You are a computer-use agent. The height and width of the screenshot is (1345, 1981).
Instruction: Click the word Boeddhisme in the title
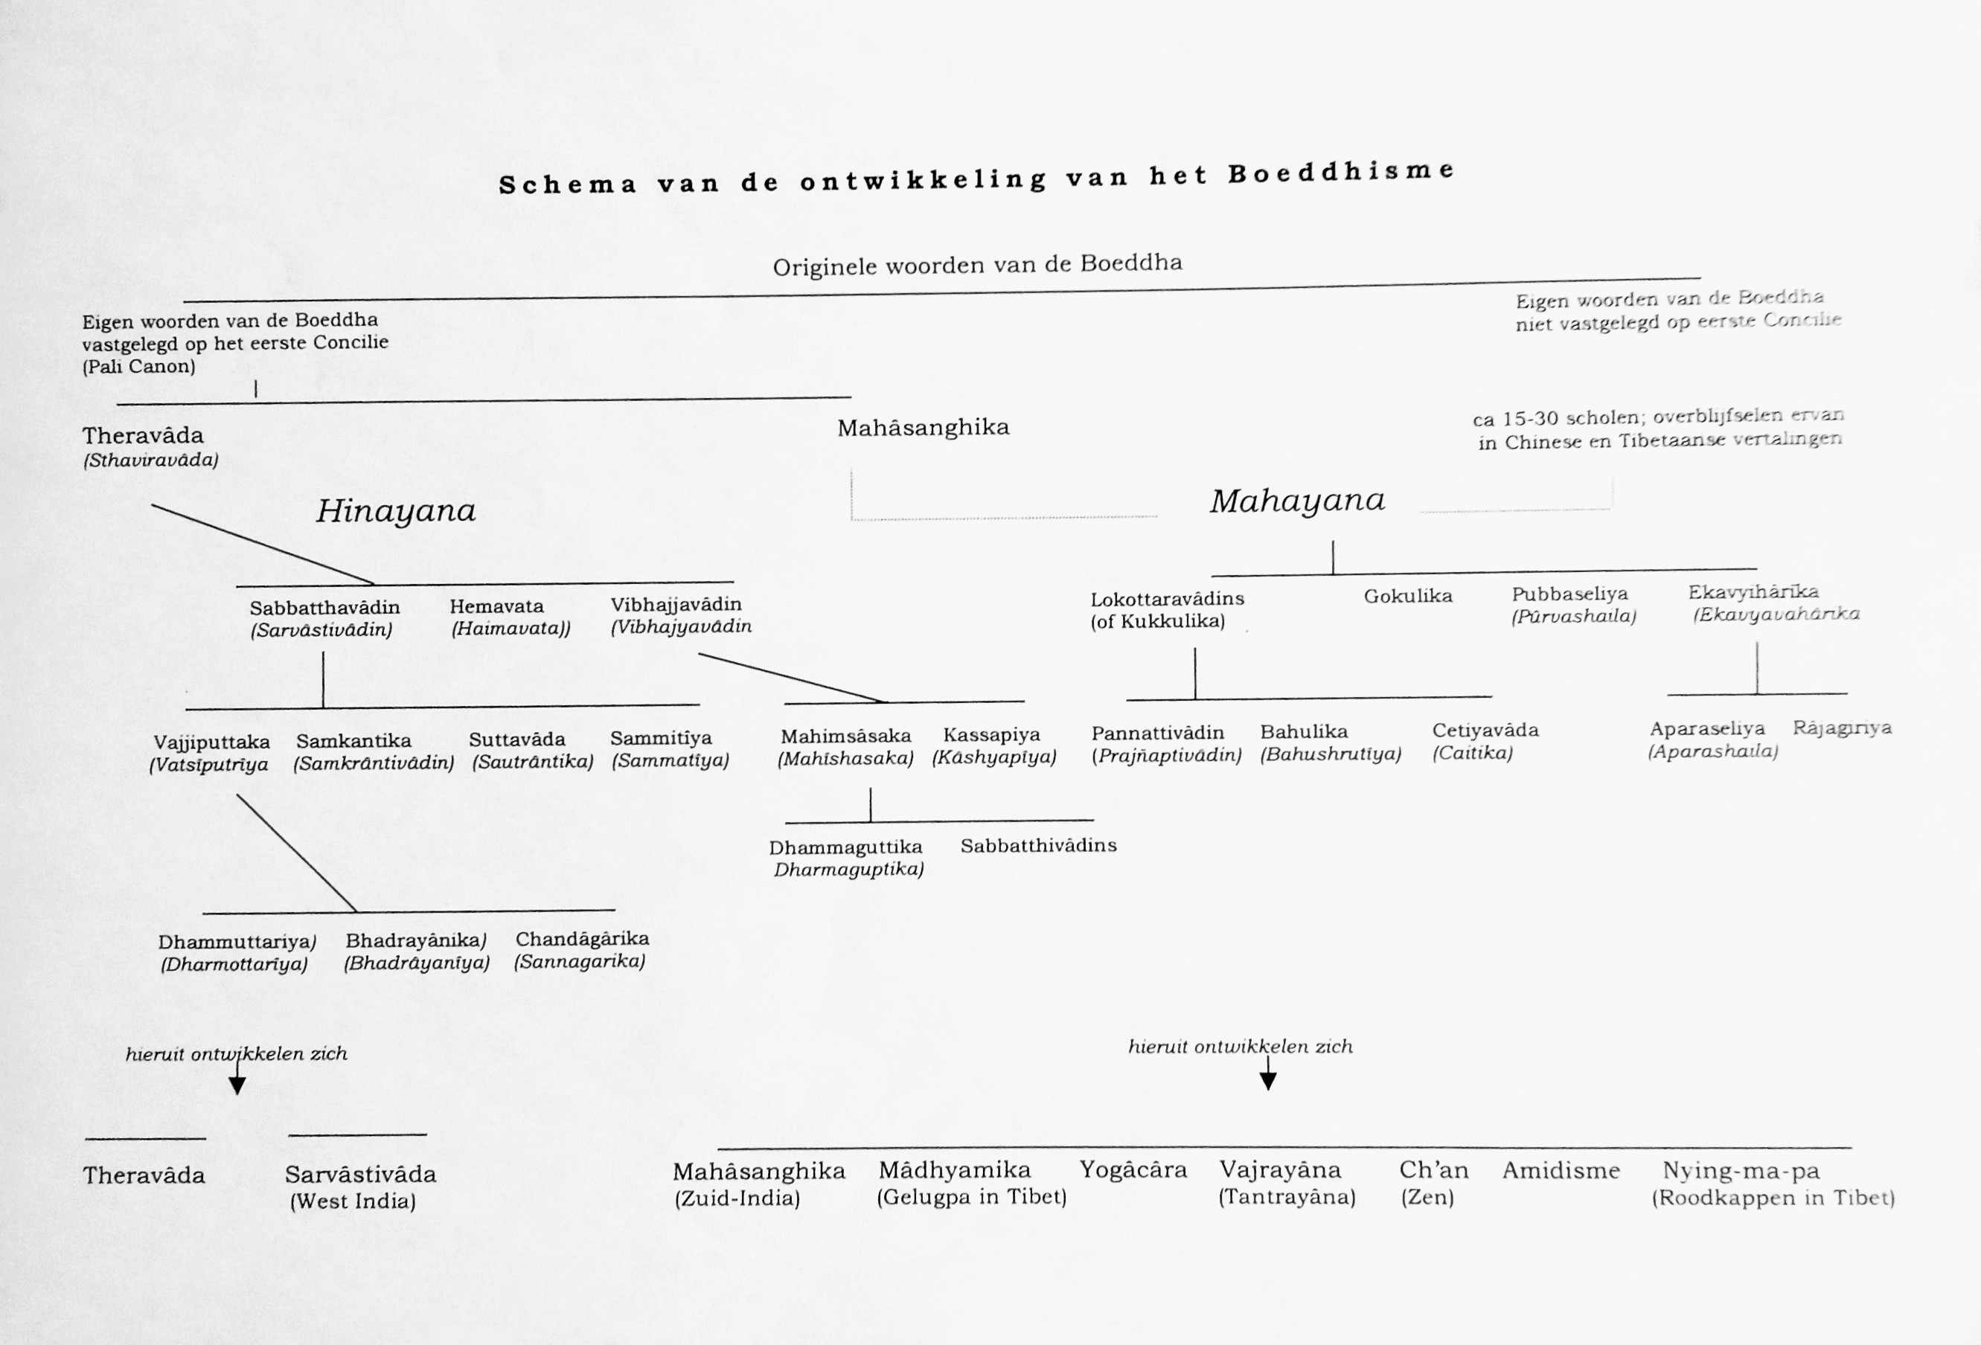tap(1341, 172)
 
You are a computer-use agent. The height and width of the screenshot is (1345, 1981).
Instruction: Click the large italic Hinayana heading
tap(395, 511)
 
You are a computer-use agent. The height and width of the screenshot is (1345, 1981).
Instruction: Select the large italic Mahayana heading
tap(1296, 501)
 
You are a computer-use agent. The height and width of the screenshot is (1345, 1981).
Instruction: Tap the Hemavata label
tap(496, 607)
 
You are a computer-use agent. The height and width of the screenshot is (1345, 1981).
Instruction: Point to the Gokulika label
tap(1407, 596)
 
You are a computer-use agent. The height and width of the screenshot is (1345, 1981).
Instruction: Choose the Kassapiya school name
tap(991, 735)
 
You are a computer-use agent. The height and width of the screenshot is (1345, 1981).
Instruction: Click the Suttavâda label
tap(516, 739)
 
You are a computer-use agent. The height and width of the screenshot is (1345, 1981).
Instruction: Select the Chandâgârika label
tap(582, 938)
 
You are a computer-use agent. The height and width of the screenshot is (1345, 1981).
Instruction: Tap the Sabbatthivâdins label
tap(1038, 846)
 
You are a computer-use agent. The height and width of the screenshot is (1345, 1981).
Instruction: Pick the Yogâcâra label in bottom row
tap(1133, 1169)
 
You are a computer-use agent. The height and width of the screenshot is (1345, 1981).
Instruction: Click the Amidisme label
tap(1560, 1170)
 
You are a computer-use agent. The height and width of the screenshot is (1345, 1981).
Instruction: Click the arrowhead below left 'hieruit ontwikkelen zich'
tap(237, 1085)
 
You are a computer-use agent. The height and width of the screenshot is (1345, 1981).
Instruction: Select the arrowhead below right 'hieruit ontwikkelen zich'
tap(1267, 1081)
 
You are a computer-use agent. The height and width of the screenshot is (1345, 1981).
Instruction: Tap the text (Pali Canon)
tap(139, 367)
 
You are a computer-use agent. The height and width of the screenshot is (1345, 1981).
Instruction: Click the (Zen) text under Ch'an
tap(1427, 1198)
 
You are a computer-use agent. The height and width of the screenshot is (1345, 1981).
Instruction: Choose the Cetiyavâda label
tap(1485, 731)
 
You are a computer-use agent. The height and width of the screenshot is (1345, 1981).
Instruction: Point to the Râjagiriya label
tap(1842, 728)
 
